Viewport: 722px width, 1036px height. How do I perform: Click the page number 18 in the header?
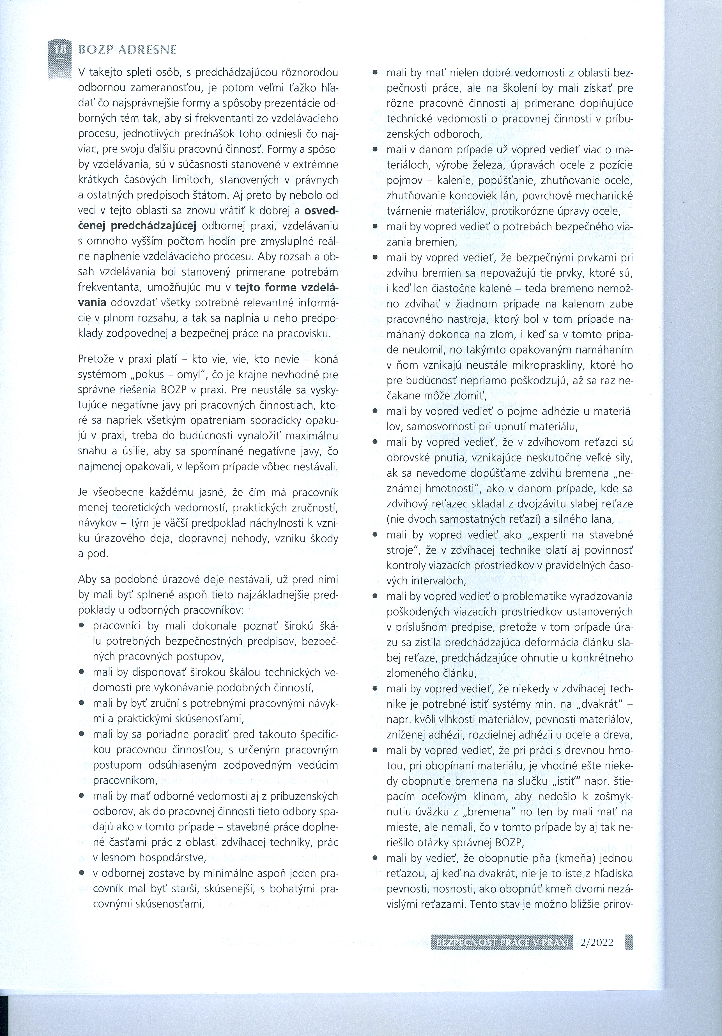[x=60, y=49]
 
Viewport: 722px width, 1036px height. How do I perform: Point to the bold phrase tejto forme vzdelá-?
[x=287, y=288]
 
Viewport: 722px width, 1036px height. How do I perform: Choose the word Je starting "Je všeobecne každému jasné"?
[x=83, y=492]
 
